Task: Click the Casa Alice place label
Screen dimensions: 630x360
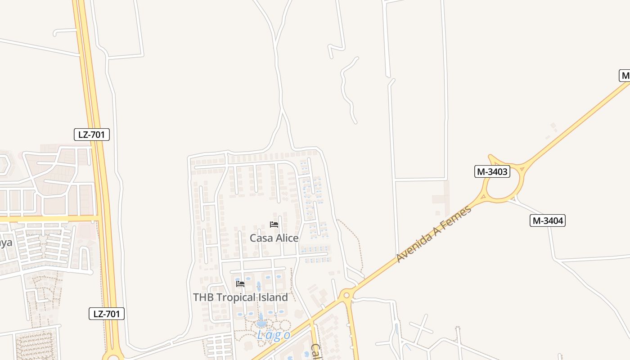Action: (x=274, y=238)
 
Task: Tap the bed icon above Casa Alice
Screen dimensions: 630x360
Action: (x=274, y=224)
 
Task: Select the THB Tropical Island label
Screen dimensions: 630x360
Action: (x=240, y=297)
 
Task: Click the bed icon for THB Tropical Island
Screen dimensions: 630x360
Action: (x=240, y=283)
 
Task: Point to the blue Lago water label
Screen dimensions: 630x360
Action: (x=274, y=335)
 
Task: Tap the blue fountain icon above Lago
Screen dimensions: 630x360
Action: (x=261, y=320)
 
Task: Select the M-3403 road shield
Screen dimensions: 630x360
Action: (x=492, y=171)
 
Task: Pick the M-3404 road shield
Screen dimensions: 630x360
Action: (x=547, y=220)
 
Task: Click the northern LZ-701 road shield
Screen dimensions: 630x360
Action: (x=92, y=134)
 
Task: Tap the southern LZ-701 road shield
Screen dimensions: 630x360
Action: (x=107, y=314)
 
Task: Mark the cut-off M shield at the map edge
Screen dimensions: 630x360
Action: (x=625, y=76)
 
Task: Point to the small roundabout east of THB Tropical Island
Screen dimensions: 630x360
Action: (x=346, y=296)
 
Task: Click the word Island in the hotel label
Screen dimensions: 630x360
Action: (x=270, y=297)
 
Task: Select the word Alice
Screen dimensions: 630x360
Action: (x=287, y=238)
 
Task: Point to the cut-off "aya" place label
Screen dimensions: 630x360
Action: (x=5, y=243)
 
